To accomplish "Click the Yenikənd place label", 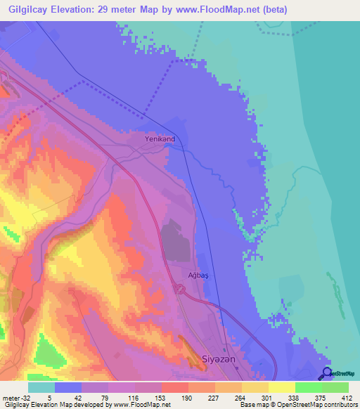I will [x=160, y=139].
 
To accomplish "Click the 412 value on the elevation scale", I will [x=348, y=397].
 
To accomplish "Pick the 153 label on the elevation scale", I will [x=161, y=397].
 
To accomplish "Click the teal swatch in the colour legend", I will [x=41, y=387].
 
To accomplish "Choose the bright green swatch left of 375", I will [x=309, y=387].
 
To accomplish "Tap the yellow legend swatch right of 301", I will [x=282, y=387].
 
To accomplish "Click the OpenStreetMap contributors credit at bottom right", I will [x=315, y=405].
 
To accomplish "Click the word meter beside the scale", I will [x=8, y=397].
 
